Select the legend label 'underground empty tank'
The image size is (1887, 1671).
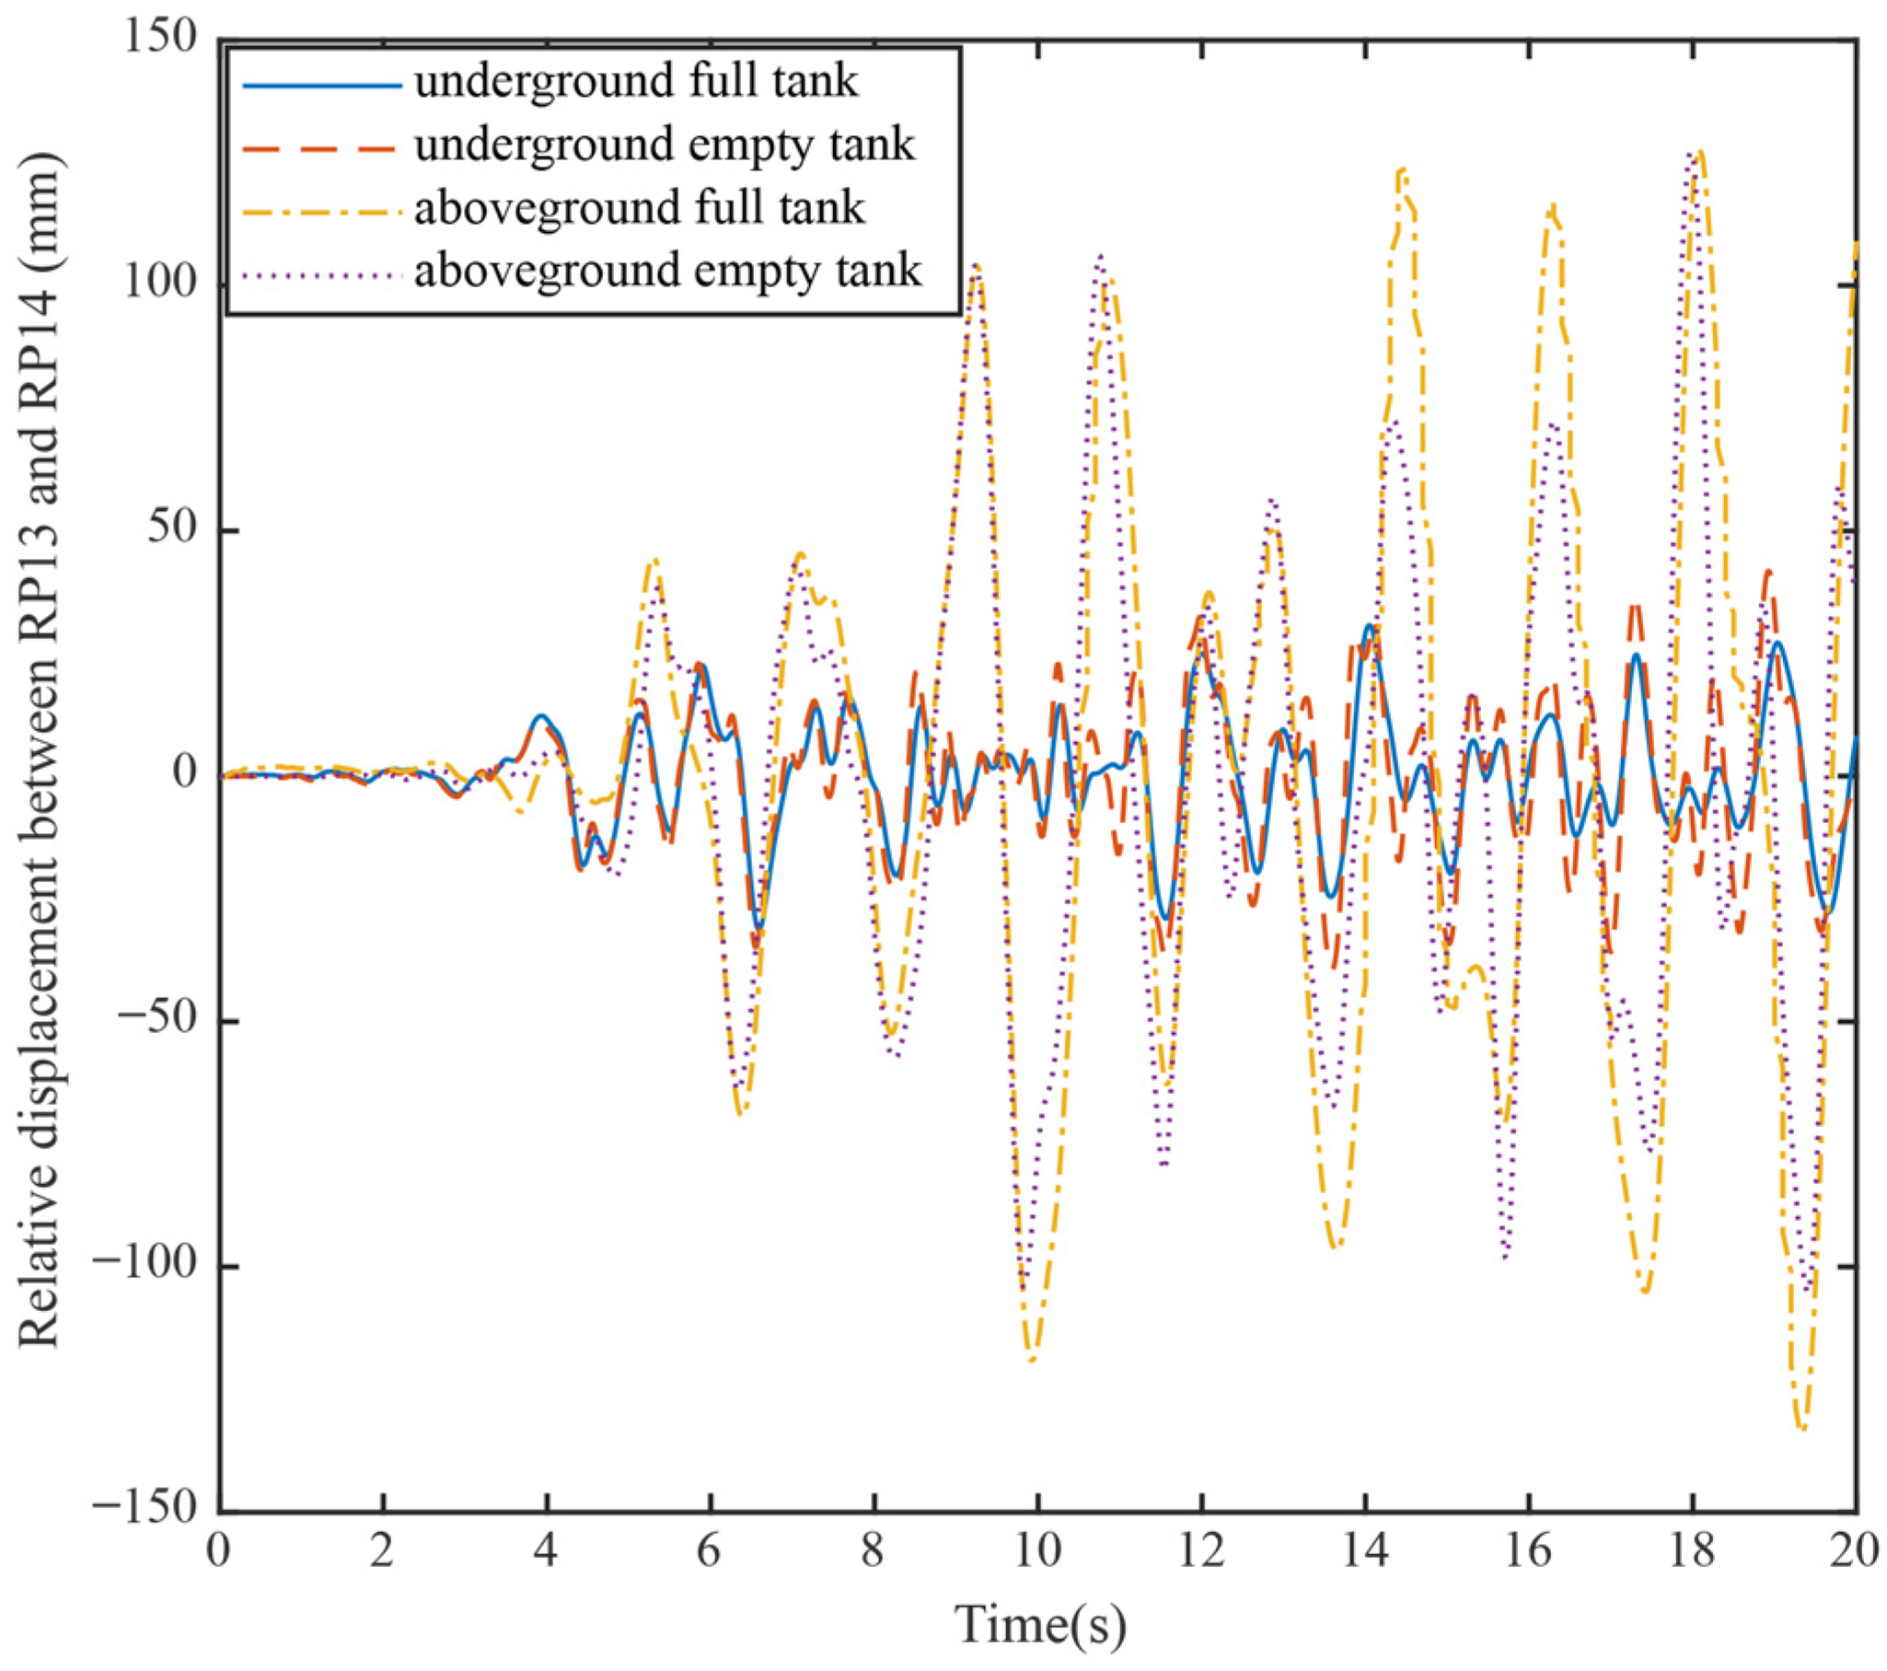[665, 145]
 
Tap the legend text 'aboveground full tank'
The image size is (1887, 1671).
[639, 209]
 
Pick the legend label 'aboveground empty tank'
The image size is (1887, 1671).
[667, 272]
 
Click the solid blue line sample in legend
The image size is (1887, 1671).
[322, 85]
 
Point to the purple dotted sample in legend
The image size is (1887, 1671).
[322, 273]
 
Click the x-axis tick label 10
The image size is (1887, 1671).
[1037, 1552]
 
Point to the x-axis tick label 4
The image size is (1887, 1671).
[546, 1552]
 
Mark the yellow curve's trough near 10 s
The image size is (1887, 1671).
[1031, 1360]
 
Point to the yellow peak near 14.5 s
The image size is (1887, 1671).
[1403, 170]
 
